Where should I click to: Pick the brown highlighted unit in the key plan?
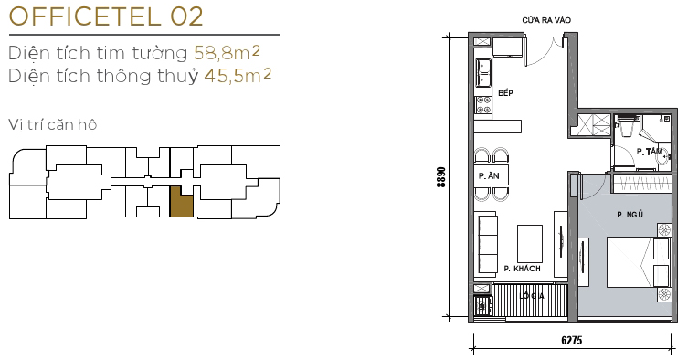click(182, 202)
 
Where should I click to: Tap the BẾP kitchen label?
click(506, 93)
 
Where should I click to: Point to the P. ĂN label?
click(488, 175)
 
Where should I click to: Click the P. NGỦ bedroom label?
click(630, 215)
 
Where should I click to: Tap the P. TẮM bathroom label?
click(650, 151)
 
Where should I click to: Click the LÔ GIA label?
click(532, 296)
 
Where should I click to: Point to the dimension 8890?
click(441, 176)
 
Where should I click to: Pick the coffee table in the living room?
click(529, 243)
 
